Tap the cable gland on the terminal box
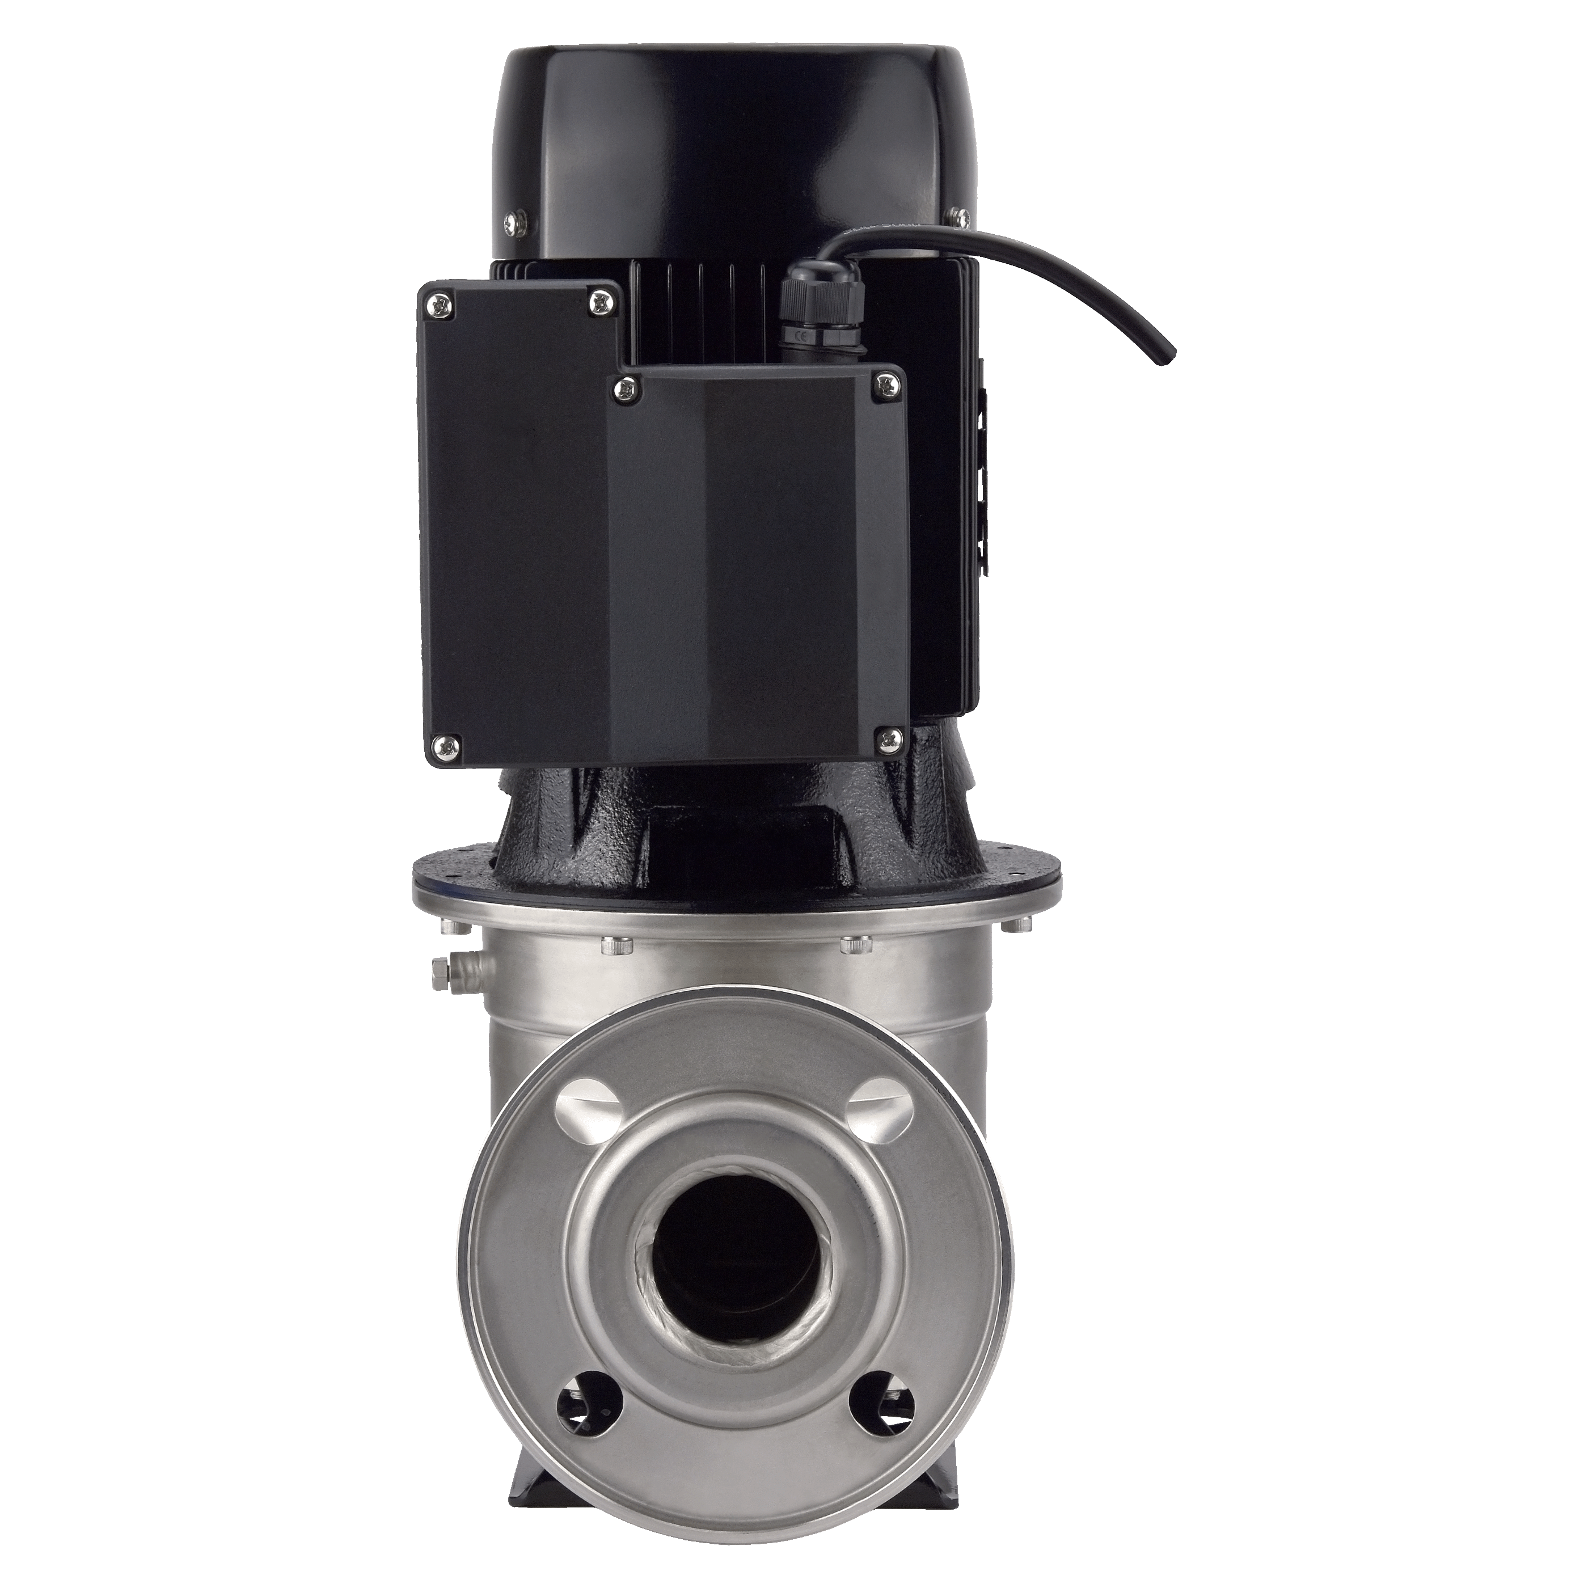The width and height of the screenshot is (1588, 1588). pos(810,311)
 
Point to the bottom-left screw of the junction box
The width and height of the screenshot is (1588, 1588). pos(448,747)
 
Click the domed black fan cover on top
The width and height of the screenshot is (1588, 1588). pos(733,123)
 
